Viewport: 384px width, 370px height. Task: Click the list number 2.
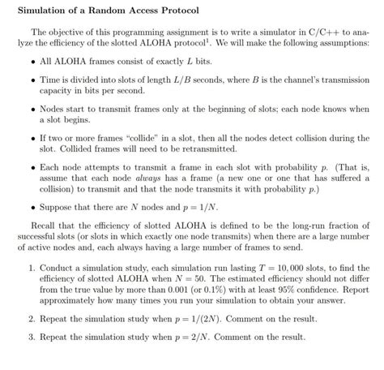click(x=29, y=320)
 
